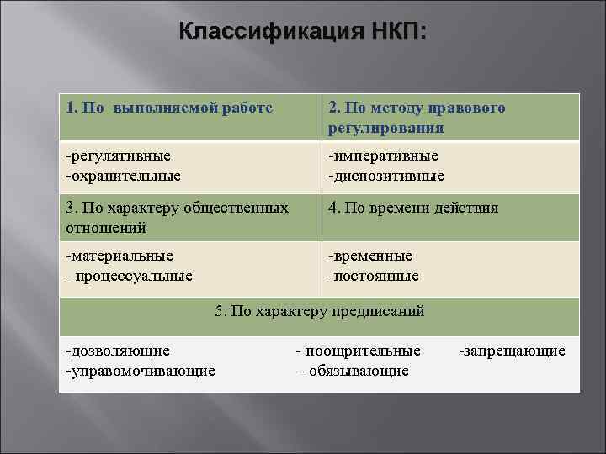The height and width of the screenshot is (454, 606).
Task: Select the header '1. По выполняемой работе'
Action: pyautogui.click(x=169, y=108)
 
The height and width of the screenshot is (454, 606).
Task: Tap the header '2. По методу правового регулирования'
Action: pyautogui.click(x=417, y=119)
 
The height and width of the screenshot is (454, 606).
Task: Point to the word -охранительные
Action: pyautogui.click(x=124, y=176)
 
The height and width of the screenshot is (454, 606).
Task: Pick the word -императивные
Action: pyautogui.click(x=383, y=156)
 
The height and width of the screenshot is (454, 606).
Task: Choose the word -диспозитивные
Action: pyautogui.click(x=386, y=176)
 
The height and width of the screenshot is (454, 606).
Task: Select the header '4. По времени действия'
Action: pyautogui.click(x=413, y=208)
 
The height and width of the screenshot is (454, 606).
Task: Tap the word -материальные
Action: pyautogui.click(x=120, y=256)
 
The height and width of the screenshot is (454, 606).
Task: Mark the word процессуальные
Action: pyautogui.click(x=134, y=275)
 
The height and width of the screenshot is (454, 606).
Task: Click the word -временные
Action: pyautogui.click(x=370, y=256)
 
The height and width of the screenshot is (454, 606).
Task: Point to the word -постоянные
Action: pyautogui.click(x=374, y=275)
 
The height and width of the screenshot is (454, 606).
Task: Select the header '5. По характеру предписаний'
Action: pyautogui.click(x=320, y=310)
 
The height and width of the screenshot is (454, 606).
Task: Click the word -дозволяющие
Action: pyautogui.click(x=118, y=351)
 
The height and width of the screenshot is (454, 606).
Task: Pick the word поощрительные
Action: pyautogui.click(x=364, y=351)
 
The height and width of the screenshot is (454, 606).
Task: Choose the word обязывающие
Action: pyautogui.click(x=359, y=370)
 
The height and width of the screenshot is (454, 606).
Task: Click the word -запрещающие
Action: pyautogui.click(x=512, y=351)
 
